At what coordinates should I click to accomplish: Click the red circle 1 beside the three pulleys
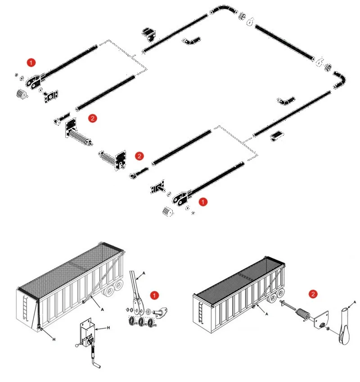pyautogui.click(x=154, y=295)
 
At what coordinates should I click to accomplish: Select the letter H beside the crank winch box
pyautogui.click(x=108, y=329)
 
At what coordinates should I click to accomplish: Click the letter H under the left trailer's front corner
pyautogui.click(x=54, y=339)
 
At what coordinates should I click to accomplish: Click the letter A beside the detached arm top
pyautogui.click(x=144, y=272)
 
